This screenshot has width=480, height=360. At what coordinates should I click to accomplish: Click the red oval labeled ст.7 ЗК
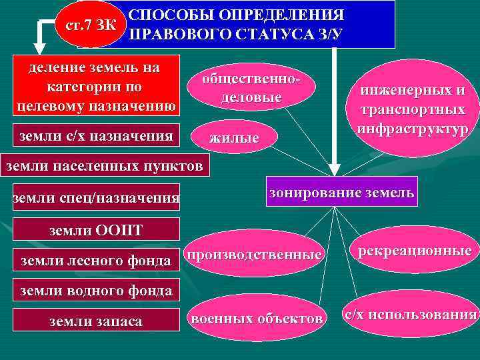89,27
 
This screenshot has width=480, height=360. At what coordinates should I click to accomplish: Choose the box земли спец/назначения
97,197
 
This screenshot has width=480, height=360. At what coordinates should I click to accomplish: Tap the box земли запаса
97,321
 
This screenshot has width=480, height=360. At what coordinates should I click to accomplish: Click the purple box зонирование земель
341,193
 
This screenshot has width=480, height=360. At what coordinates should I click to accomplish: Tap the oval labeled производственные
254,255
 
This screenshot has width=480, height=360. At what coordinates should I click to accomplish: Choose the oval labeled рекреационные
414,251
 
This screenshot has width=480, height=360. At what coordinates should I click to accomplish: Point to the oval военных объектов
257,319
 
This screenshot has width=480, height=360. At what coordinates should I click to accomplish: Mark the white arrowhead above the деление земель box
41,49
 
